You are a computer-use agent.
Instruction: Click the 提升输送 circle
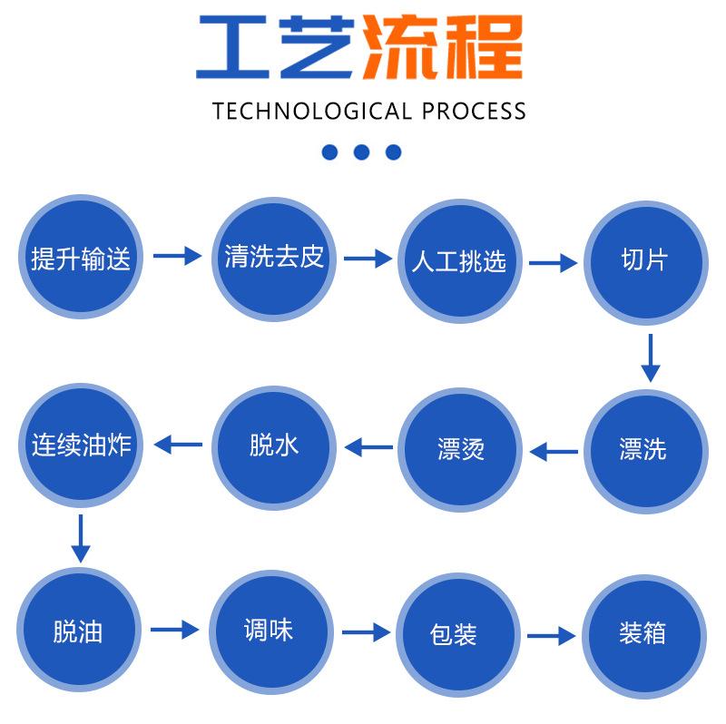coord(81,259)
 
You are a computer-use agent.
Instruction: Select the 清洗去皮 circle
coord(274,259)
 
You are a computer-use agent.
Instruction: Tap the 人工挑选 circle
coord(458,261)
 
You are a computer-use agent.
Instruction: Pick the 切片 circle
coord(644,261)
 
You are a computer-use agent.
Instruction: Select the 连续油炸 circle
coord(81,446)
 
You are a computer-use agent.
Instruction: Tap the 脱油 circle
coord(81,631)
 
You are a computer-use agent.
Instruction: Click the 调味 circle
coord(270,631)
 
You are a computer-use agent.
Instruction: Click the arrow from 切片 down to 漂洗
coord(650,357)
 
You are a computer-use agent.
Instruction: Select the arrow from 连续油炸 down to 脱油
coord(81,538)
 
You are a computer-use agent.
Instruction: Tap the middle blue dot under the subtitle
coord(361,152)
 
